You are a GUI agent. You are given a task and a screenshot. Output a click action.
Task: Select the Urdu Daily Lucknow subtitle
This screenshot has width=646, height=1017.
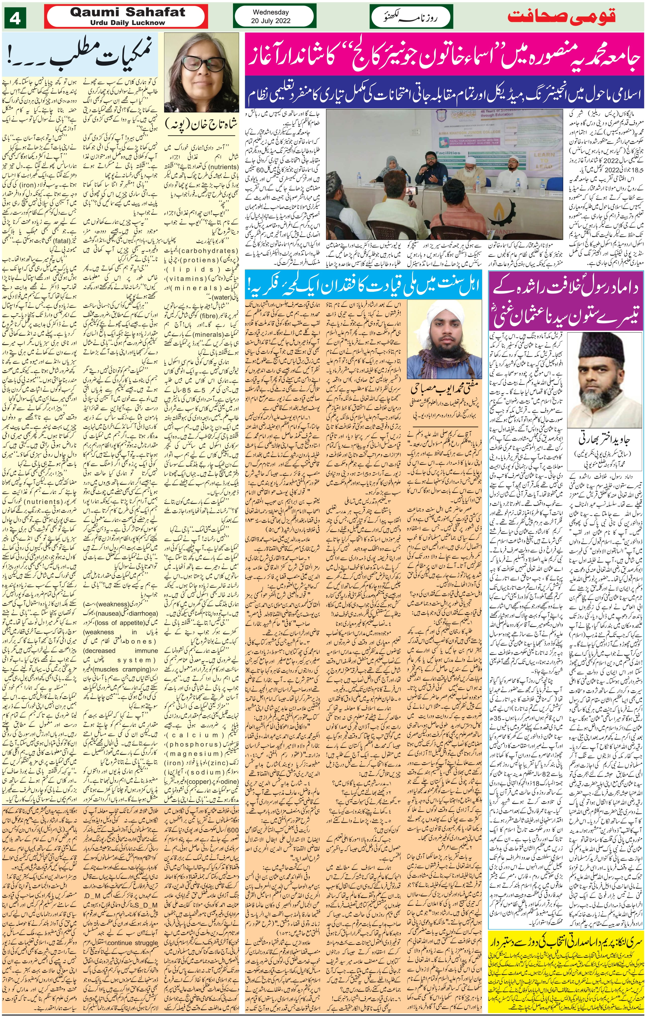(127, 23)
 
